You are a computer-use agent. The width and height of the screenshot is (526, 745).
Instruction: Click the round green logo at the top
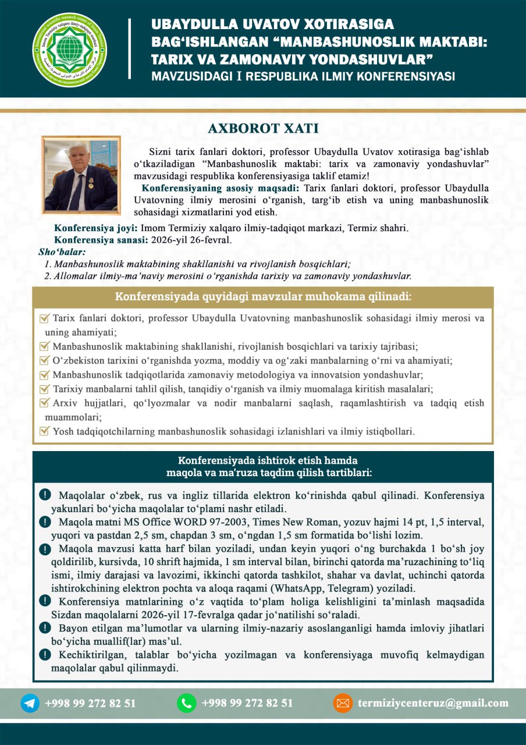click(x=70, y=49)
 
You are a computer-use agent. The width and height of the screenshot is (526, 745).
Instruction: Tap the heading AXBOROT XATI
click(x=263, y=129)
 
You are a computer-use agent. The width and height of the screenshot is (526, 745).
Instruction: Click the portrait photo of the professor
click(x=81, y=175)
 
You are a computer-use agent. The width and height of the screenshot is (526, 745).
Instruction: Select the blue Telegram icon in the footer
click(x=30, y=703)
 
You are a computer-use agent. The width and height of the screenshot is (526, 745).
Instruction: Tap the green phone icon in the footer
click(x=187, y=703)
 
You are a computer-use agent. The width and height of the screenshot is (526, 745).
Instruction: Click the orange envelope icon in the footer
click(x=343, y=703)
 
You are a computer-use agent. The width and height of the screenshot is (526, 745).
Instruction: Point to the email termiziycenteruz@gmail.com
click(x=433, y=703)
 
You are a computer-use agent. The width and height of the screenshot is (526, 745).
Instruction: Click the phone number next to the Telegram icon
click(x=90, y=703)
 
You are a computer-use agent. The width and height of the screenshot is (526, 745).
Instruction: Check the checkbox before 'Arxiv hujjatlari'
click(x=44, y=403)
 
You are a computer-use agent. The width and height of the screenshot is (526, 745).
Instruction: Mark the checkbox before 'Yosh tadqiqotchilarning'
click(x=44, y=431)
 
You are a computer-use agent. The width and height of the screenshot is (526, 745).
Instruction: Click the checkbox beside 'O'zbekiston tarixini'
click(x=44, y=360)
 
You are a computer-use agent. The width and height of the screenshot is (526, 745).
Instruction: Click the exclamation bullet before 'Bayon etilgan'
click(x=44, y=627)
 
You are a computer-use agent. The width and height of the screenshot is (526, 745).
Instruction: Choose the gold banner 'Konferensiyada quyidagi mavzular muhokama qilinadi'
click(x=263, y=297)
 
